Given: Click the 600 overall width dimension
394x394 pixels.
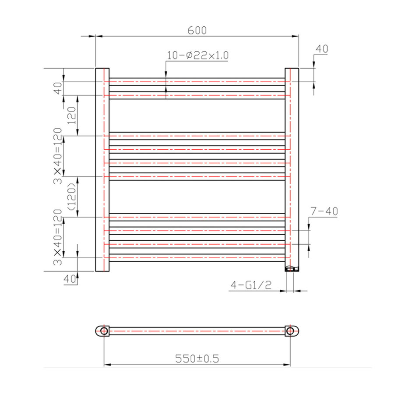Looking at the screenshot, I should coord(197,30).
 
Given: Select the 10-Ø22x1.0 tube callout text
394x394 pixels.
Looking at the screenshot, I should coord(198,55).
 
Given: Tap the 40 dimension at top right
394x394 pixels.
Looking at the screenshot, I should coord(321,49).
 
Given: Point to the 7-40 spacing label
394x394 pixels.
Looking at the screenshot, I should coord(324,211).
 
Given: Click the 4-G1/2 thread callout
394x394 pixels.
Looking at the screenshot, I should coord(251,285).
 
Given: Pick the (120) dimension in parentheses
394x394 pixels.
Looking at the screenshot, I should coord(72,197).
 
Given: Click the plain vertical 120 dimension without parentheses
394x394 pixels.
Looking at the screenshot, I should coord(72,115).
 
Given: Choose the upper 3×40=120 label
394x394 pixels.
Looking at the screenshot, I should coord(57,156).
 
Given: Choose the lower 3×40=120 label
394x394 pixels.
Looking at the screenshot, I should coord(57,237).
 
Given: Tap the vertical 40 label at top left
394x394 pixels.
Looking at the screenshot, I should coord(57,88).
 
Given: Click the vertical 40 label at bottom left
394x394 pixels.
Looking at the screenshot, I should coord(69,278).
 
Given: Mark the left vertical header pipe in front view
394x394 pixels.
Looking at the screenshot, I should coord(102,169).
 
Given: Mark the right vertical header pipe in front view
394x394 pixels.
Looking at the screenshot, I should coord(292,166).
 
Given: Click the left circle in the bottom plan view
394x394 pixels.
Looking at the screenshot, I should coord(104,331).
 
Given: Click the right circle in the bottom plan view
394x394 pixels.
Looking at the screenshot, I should coord(290,331).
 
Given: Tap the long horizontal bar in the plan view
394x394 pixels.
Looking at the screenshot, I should coord(197,331).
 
